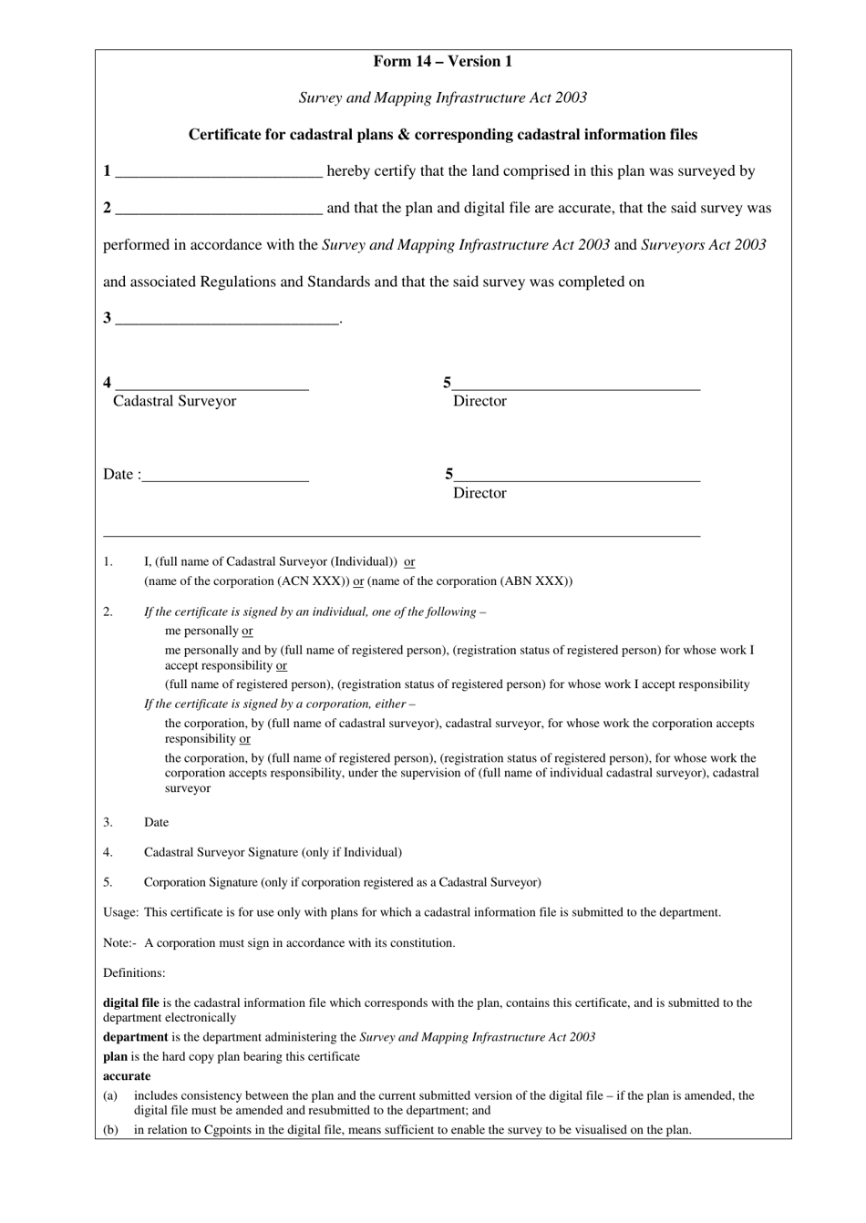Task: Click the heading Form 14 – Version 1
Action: (442, 61)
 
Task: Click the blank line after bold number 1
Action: (219, 176)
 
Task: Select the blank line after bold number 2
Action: (219, 213)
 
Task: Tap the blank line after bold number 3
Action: (227, 323)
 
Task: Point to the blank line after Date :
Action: (225, 479)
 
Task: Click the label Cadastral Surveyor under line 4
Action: (174, 401)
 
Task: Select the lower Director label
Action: (479, 493)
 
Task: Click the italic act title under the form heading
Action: (442, 98)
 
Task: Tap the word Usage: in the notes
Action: (120, 912)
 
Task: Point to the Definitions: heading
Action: (134, 973)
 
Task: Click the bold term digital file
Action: (130, 1002)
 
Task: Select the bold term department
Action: (135, 1037)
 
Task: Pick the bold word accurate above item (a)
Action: (127, 1076)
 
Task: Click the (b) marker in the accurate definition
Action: (110, 1130)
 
